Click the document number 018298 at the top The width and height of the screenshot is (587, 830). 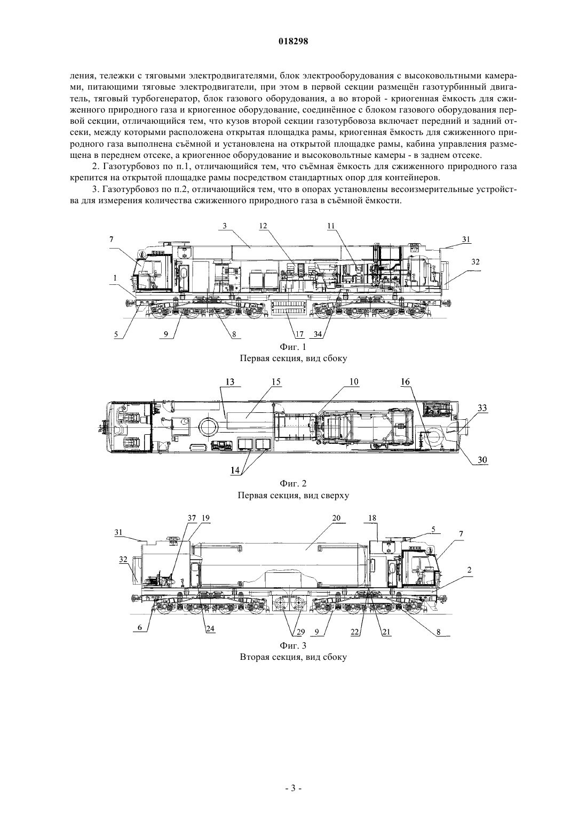[x=293, y=42]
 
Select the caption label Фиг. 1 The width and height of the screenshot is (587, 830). [x=293, y=347]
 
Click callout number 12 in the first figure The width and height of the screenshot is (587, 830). [x=264, y=226]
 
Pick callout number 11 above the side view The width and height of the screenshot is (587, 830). [x=331, y=226]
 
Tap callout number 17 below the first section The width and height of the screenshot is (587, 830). [x=299, y=334]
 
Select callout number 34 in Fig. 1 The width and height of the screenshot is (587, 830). [x=318, y=334]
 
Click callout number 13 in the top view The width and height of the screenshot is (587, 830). [x=230, y=382]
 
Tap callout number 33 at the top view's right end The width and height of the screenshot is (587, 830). [x=482, y=408]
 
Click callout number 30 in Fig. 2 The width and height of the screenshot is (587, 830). [x=482, y=460]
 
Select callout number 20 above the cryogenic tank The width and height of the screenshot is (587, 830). [x=337, y=518]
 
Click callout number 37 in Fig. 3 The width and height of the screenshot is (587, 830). [x=191, y=518]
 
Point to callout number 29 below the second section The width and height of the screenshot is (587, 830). [x=299, y=632]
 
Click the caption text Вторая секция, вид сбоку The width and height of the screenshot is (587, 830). [x=293, y=657]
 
